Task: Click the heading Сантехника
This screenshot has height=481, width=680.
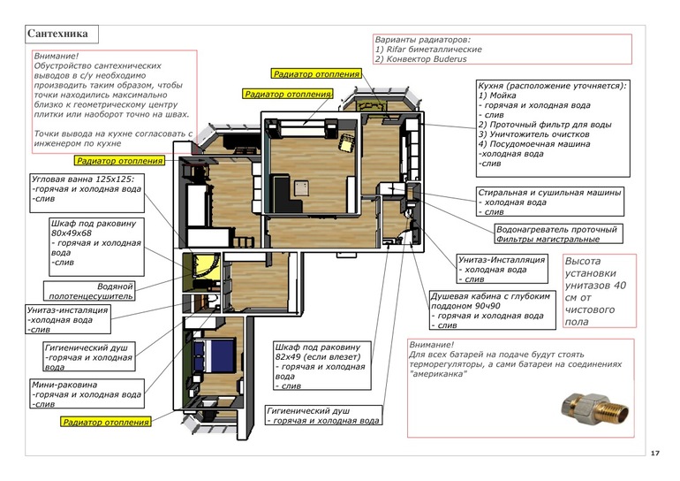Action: tap(57, 34)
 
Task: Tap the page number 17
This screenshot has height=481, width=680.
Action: tap(655, 454)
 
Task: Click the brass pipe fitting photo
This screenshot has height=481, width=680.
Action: tap(594, 409)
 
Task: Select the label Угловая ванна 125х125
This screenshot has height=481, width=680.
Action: tap(82, 179)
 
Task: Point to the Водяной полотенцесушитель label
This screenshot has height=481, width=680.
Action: tap(91, 291)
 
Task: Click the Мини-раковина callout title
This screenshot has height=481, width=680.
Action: tap(64, 385)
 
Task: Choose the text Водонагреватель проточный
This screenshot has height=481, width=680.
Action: tap(556, 229)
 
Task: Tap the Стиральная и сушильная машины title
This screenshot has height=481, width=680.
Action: tap(549, 193)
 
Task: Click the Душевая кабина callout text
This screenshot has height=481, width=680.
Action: tap(491, 310)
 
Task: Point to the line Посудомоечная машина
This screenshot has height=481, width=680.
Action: tap(534, 144)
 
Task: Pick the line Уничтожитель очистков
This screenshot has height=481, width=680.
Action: tap(534, 134)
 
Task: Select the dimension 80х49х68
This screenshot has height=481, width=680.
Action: tap(72, 233)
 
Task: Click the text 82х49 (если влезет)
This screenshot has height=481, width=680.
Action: tap(318, 357)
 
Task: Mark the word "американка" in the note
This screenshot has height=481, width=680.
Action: tap(438, 374)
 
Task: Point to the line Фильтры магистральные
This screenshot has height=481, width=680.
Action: tap(548, 239)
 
